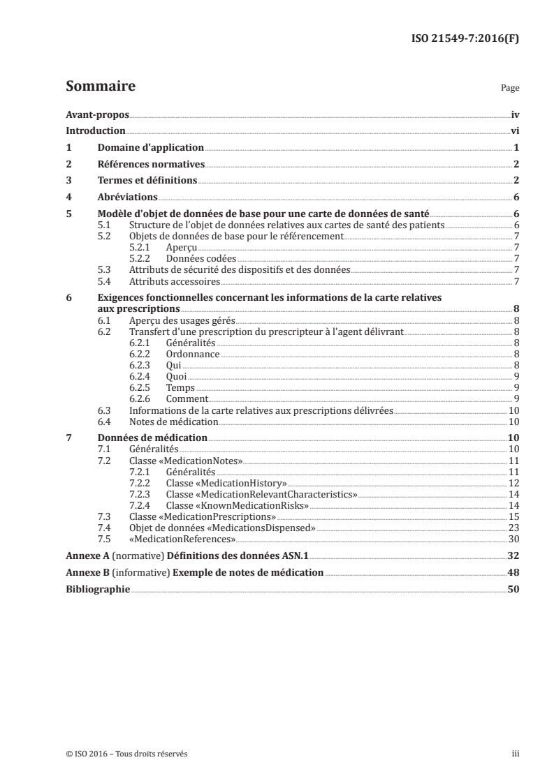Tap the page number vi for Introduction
[514, 130]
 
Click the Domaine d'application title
[150, 147]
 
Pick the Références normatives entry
[151, 164]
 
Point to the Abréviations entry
[127, 197]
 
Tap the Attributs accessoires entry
[175, 281]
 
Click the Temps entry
[180, 387]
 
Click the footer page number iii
[515, 754]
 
